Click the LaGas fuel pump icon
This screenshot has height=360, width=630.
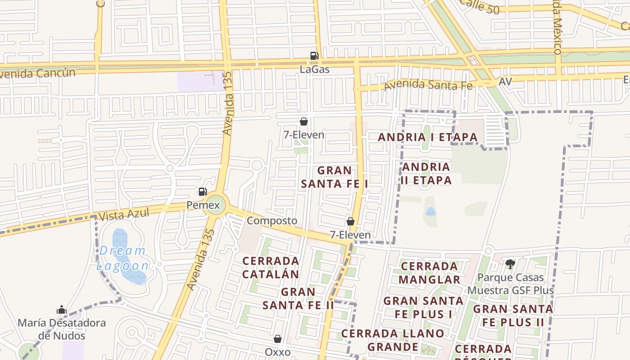pyautogui.click(x=314, y=56)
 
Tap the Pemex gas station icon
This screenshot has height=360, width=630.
pyautogui.click(x=203, y=192)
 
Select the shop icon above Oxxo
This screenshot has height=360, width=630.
pyautogui.click(x=278, y=339)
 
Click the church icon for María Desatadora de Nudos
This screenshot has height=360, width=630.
pyautogui.click(x=62, y=310)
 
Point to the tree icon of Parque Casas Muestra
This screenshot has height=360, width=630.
pyautogui.click(x=510, y=264)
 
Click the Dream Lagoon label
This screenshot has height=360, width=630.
pyautogui.click(x=122, y=258)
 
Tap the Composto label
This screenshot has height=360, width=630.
pyautogui.click(x=272, y=220)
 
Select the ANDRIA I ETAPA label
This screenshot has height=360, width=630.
pyautogui.click(x=427, y=137)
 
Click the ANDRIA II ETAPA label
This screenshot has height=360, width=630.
pyautogui.click(x=426, y=173)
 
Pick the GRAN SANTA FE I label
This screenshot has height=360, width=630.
pyautogui.click(x=334, y=177)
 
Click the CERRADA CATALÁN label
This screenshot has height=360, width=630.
pyautogui.click(x=270, y=267)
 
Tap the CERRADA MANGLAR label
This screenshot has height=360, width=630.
pyautogui.click(x=429, y=273)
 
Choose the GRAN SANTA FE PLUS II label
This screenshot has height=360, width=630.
pyautogui.click(x=513, y=315)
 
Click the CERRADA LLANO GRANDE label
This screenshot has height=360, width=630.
pyautogui.click(x=392, y=340)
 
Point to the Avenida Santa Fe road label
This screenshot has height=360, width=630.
pyautogui.click(x=428, y=84)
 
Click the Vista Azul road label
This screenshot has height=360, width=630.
pyautogui.click(x=124, y=214)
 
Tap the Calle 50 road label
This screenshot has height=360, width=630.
pyautogui.click(x=481, y=6)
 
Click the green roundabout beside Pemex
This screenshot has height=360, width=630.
pyautogui.click(x=214, y=206)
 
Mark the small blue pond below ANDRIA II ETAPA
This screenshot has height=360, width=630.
pyautogui.click(x=430, y=211)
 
